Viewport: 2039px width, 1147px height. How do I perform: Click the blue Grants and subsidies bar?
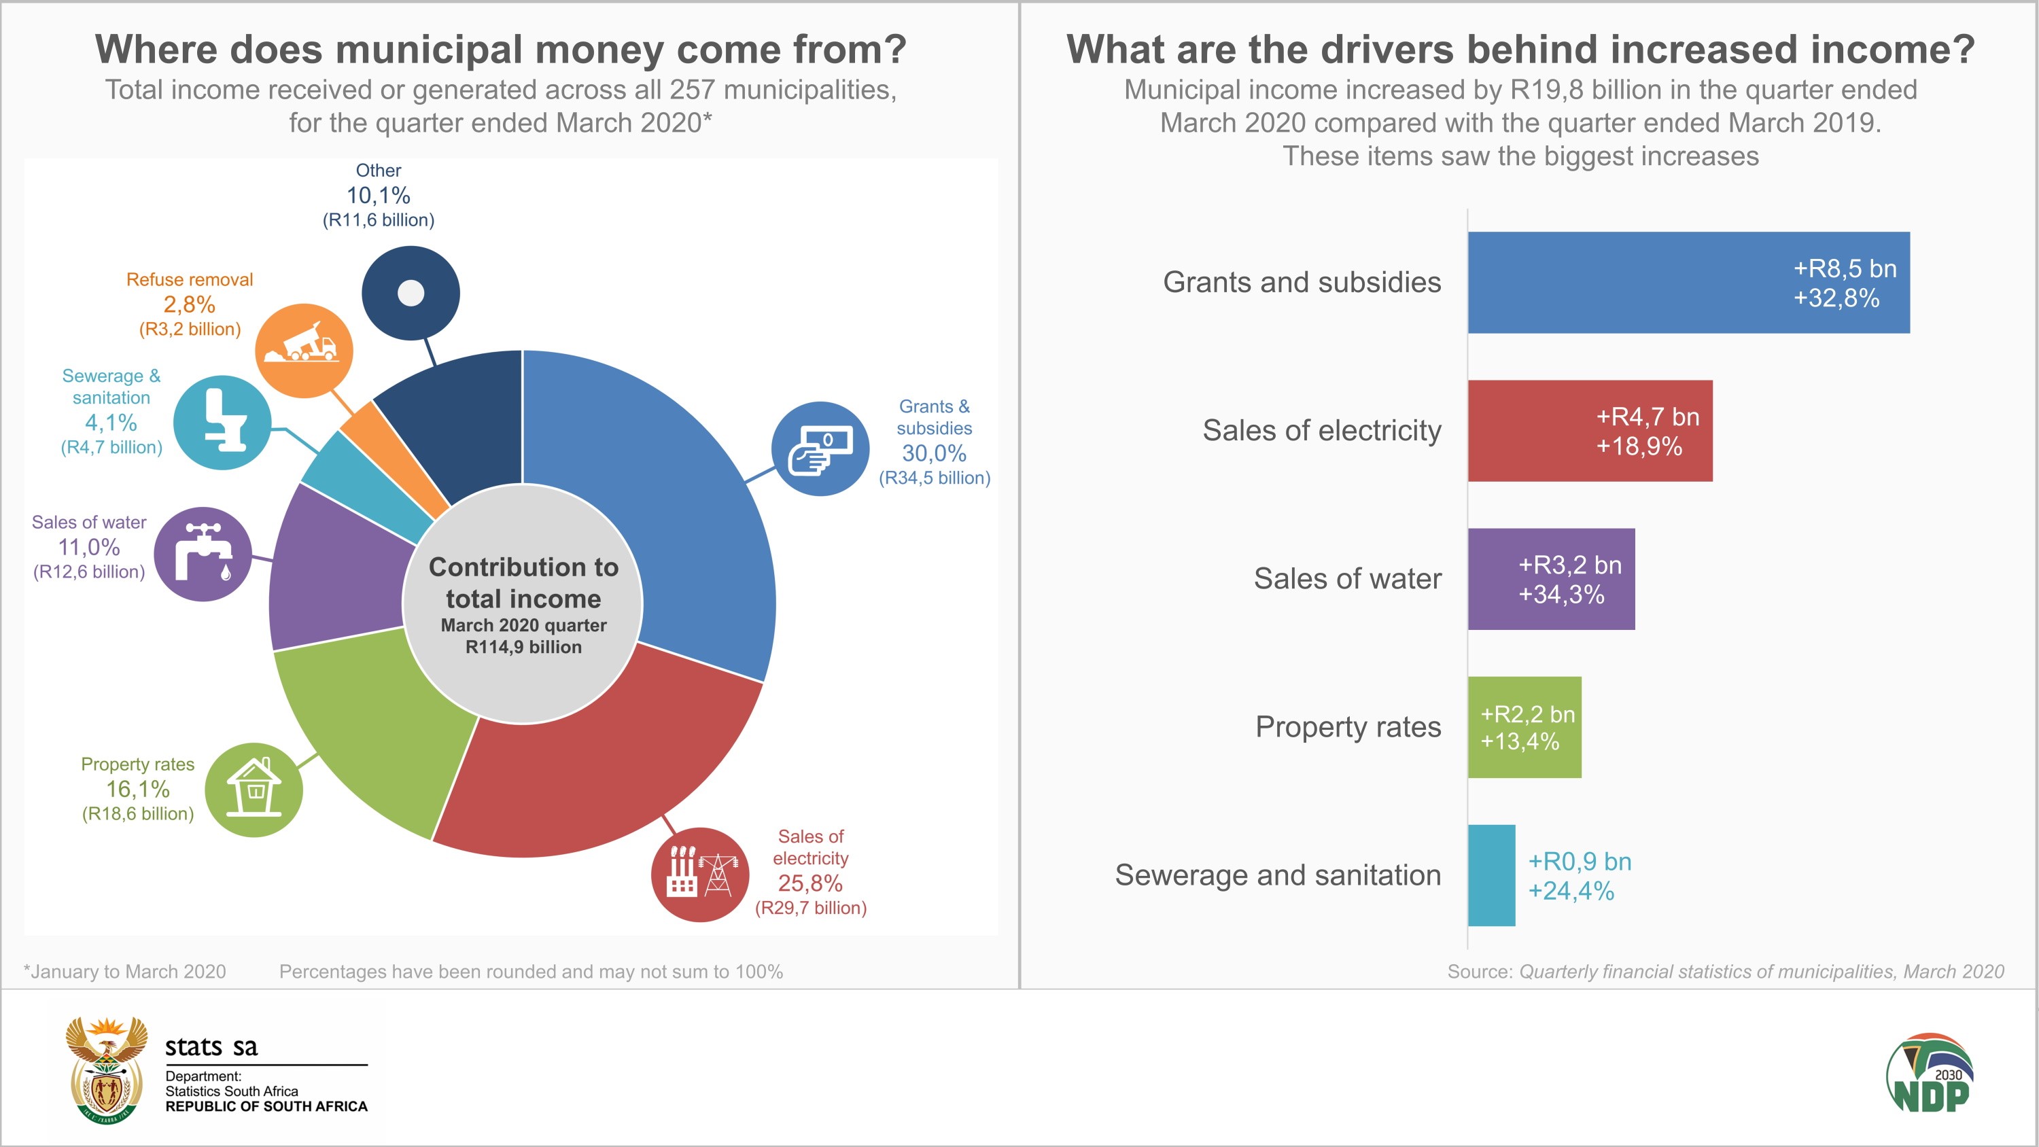point(1688,283)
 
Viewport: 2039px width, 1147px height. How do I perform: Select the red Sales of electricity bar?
point(1590,431)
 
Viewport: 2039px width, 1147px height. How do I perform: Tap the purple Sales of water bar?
point(1550,579)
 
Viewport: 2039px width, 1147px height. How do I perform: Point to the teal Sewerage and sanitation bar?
point(1491,875)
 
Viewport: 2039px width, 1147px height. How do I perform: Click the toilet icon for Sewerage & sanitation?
point(222,422)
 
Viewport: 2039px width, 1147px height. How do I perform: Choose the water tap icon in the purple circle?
point(203,553)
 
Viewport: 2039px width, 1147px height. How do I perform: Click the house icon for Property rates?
point(254,789)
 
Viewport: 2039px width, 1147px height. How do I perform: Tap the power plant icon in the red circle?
point(700,874)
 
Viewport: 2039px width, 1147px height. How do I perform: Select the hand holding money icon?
point(820,449)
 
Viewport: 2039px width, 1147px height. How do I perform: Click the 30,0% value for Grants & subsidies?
point(934,454)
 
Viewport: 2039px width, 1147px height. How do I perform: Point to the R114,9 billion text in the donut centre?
point(523,647)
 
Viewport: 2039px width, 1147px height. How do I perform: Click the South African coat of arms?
point(106,1070)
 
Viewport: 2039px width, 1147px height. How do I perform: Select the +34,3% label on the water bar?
point(1561,595)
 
